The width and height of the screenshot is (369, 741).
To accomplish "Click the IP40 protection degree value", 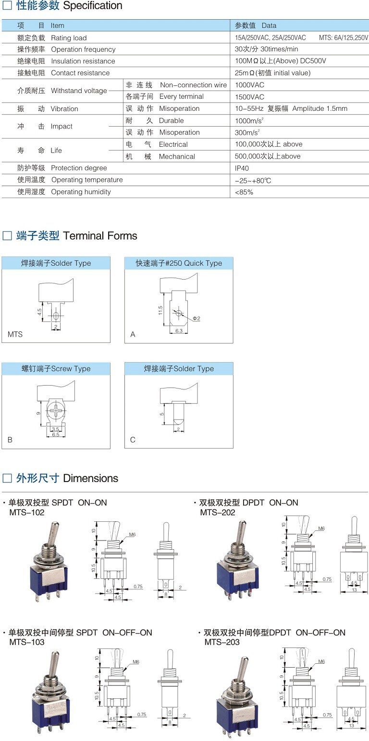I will tap(242, 168).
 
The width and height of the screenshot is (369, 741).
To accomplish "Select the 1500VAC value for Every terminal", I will tap(250, 97).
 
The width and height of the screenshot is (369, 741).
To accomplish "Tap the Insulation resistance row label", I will tap(83, 61).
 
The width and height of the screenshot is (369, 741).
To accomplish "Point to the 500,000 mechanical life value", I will tap(268, 156).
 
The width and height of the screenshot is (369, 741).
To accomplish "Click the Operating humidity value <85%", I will tap(244, 192).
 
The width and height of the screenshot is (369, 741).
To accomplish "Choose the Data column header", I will tap(256, 25).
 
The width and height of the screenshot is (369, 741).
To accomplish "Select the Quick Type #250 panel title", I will tap(179, 263).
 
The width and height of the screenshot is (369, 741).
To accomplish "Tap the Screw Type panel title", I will tap(56, 369).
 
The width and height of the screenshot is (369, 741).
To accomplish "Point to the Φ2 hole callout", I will tap(196, 318).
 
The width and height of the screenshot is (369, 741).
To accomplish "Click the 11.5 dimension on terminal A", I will tap(160, 311).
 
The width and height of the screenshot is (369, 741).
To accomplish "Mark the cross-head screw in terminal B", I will tap(56, 411).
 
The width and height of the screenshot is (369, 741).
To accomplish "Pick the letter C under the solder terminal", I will tap(133, 440).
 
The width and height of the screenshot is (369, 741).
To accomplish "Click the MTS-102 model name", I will tap(27, 513).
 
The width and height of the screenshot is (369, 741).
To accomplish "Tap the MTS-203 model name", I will tap(222, 642).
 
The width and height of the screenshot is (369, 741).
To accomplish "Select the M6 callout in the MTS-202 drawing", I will tap(321, 529).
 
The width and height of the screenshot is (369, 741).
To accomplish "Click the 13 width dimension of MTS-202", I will tap(354, 589).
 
